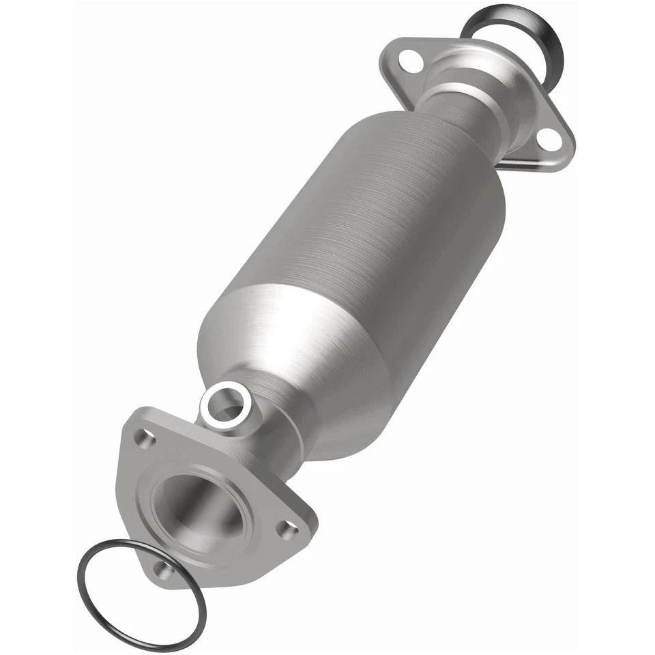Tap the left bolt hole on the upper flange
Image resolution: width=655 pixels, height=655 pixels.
tap(407, 58)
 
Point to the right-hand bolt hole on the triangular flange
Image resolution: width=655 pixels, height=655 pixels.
tap(289, 527)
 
